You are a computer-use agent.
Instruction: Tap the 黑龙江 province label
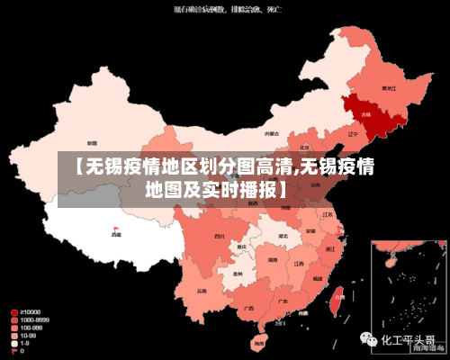pyautogui.click(x=389, y=88)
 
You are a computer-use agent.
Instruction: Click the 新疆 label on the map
pyautogui.click(x=92, y=143)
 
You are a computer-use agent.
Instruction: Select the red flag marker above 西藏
pyautogui.click(x=116, y=227)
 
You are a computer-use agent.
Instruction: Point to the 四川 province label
pyautogui.click(x=220, y=236)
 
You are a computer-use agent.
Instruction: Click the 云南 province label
pyautogui.click(x=200, y=290)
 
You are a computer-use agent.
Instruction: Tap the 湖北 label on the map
pyautogui.click(x=283, y=237)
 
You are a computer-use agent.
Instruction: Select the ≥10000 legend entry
pyautogui.click(x=27, y=312)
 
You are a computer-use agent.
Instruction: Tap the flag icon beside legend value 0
pyautogui.click(x=13, y=351)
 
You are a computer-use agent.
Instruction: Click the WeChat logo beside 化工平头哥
pyautogui.click(x=368, y=341)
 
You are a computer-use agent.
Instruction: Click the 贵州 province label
pyautogui.click(x=238, y=274)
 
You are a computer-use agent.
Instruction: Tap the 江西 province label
pyautogui.click(x=299, y=264)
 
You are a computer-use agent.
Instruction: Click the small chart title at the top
pyautogui.click(x=224, y=9)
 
